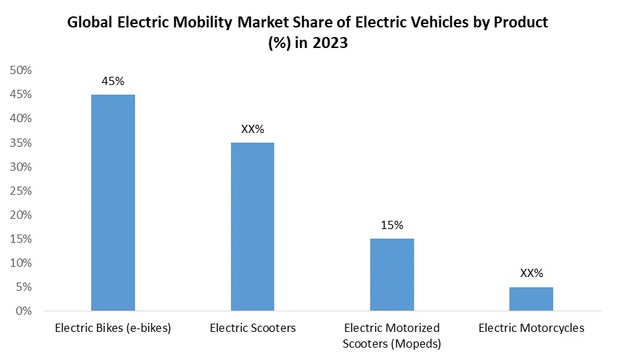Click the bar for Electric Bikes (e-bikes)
coord(112,202)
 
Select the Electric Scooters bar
coord(252,226)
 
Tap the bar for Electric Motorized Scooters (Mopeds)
coord(392,274)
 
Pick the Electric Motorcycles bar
coord(531,298)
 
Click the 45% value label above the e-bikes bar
coord(112,81)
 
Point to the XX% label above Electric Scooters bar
coord(252,129)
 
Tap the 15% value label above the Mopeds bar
coord(392,225)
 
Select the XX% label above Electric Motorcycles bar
coord(531,273)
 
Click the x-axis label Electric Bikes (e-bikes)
coord(112,328)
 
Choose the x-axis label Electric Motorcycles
coord(531,328)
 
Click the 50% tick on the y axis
coord(21,70)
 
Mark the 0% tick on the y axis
coord(23,311)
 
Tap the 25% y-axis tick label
coord(21,191)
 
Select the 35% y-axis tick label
coord(21,143)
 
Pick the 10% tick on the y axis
coord(21,263)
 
